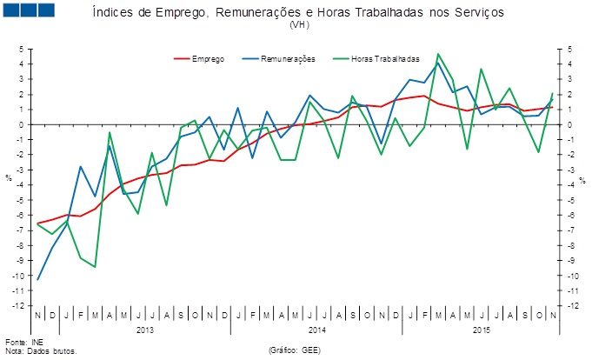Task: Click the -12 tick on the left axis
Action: tap(17, 306)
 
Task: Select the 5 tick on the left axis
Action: tap(20, 49)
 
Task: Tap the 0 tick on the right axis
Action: tap(569, 124)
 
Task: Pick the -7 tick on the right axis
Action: tap(571, 230)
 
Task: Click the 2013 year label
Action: tap(145, 330)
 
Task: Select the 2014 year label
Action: tap(316, 330)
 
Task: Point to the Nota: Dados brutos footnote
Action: tap(41, 351)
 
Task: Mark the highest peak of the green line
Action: tap(437, 54)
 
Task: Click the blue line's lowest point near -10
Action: tap(38, 279)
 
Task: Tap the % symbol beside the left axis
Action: tap(8, 178)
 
